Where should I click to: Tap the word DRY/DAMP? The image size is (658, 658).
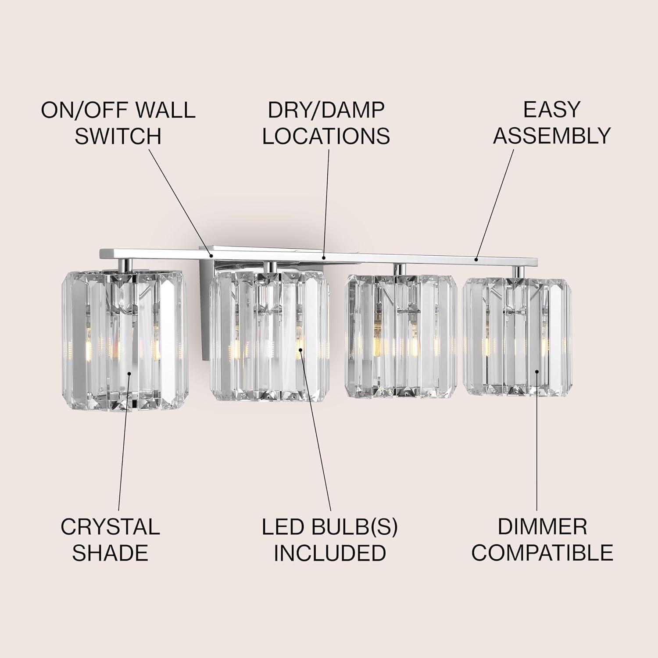click(x=326, y=110)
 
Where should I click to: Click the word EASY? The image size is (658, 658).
click(x=551, y=110)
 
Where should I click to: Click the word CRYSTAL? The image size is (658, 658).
click(x=110, y=526)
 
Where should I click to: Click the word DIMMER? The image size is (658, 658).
click(x=542, y=526)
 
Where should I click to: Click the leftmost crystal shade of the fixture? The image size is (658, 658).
click(x=124, y=340)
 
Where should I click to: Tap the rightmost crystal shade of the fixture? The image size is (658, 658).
click(x=517, y=336)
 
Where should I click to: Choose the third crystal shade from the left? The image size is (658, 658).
click(x=401, y=336)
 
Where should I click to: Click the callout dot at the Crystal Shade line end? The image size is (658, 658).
click(x=129, y=373)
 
